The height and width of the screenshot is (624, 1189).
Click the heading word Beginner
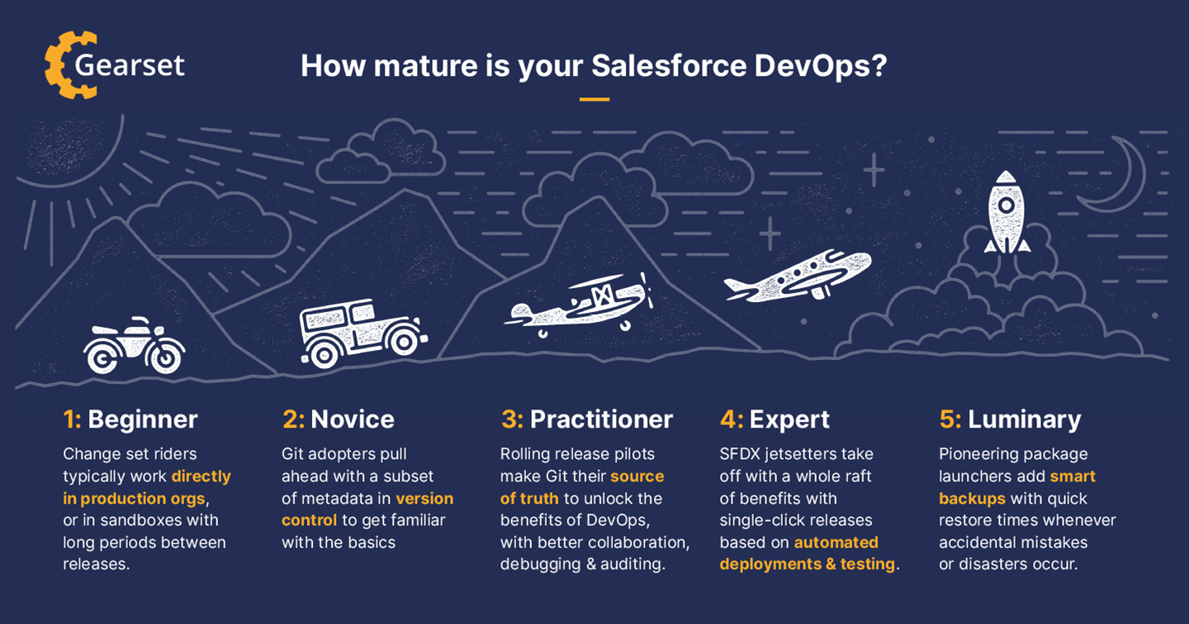(x=143, y=419)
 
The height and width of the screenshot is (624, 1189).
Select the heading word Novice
(x=353, y=419)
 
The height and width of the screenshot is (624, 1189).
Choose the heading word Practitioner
(x=601, y=419)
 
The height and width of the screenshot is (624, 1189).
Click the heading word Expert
(x=789, y=420)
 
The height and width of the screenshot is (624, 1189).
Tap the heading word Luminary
(x=1025, y=420)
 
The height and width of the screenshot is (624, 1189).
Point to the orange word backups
(x=972, y=499)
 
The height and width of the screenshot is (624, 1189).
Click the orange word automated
(x=836, y=542)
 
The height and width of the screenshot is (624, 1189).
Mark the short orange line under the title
(x=594, y=99)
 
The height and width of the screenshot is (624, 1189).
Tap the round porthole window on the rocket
(x=1007, y=205)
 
